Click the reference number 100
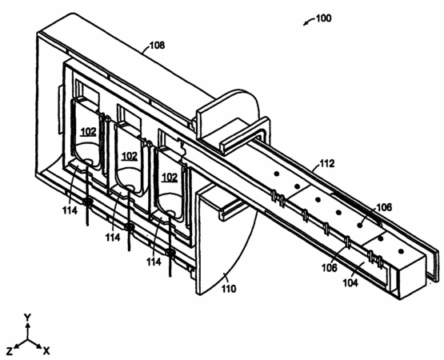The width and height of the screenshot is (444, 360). click(x=323, y=18)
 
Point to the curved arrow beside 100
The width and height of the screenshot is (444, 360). click(x=309, y=22)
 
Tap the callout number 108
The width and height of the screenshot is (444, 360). click(x=157, y=46)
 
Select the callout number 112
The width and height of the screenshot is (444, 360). click(x=327, y=164)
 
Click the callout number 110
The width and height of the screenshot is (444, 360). click(x=229, y=289)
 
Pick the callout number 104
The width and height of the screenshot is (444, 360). click(x=350, y=282)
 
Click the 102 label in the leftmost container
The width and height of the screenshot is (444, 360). click(x=89, y=132)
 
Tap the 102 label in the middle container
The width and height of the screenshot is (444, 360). click(x=130, y=156)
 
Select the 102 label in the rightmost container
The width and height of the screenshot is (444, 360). click(x=170, y=178)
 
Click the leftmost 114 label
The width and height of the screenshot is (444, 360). click(x=70, y=210)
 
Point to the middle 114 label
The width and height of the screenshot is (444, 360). click(x=113, y=238)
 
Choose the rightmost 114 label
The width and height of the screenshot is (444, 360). click(x=154, y=262)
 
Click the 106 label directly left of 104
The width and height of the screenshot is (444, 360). click(x=330, y=267)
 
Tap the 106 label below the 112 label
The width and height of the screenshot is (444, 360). click(x=384, y=207)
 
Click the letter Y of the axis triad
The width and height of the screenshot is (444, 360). click(x=27, y=318)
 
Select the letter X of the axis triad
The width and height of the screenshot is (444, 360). click(x=46, y=351)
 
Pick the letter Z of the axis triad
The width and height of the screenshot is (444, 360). click(x=10, y=351)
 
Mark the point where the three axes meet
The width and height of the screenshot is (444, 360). click(x=27, y=339)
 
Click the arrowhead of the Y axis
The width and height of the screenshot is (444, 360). click(x=27, y=325)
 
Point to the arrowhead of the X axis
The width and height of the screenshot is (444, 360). click(x=39, y=347)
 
